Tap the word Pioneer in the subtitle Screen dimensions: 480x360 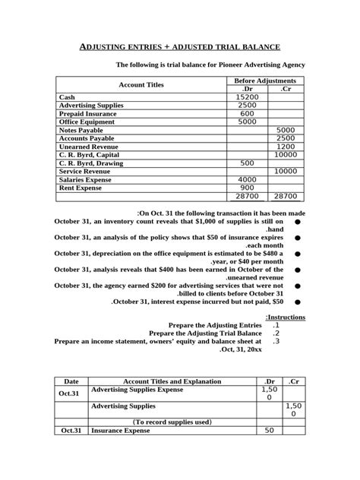[x=230, y=65]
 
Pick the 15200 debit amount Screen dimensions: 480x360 [x=248, y=97]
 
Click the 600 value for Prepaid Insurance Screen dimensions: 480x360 [x=248, y=113]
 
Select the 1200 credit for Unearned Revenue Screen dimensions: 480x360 [x=286, y=147]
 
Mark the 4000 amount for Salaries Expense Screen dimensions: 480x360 [x=248, y=179]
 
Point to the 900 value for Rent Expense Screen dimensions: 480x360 [x=248, y=188]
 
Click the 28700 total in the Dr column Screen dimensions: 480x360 [x=248, y=196]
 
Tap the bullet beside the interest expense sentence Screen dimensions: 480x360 [x=295, y=302]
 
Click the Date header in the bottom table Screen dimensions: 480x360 [x=71, y=380]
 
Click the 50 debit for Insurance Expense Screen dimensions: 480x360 [x=269, y=431]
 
